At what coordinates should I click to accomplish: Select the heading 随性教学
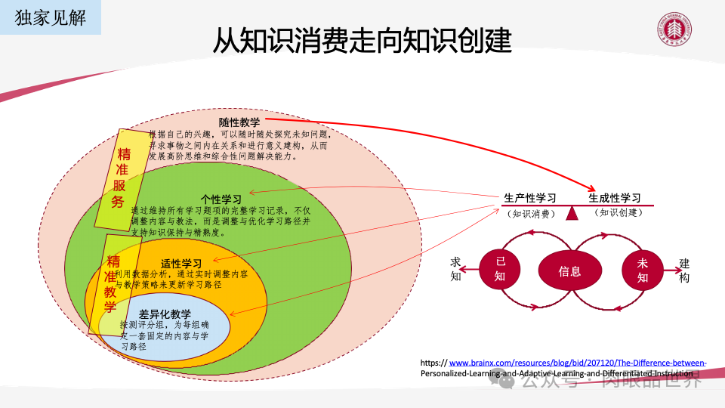tap(239, 122)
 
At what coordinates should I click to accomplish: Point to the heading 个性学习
tap(221, 199)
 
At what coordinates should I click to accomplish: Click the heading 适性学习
tap(181, 264)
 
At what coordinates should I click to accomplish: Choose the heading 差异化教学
tap(165, 314)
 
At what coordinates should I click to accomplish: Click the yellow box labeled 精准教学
tap(112, 284)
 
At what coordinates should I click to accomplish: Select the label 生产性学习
tap(531, 198)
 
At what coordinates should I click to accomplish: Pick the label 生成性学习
tap(615, 198)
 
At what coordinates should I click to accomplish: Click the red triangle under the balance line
tap(572, 215)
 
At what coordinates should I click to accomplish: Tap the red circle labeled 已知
tap(500, 268)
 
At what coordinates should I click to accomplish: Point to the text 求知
tap(455, 269)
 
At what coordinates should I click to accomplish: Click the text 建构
tap(684, 270)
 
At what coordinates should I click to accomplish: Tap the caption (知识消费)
tap(532, 214)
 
